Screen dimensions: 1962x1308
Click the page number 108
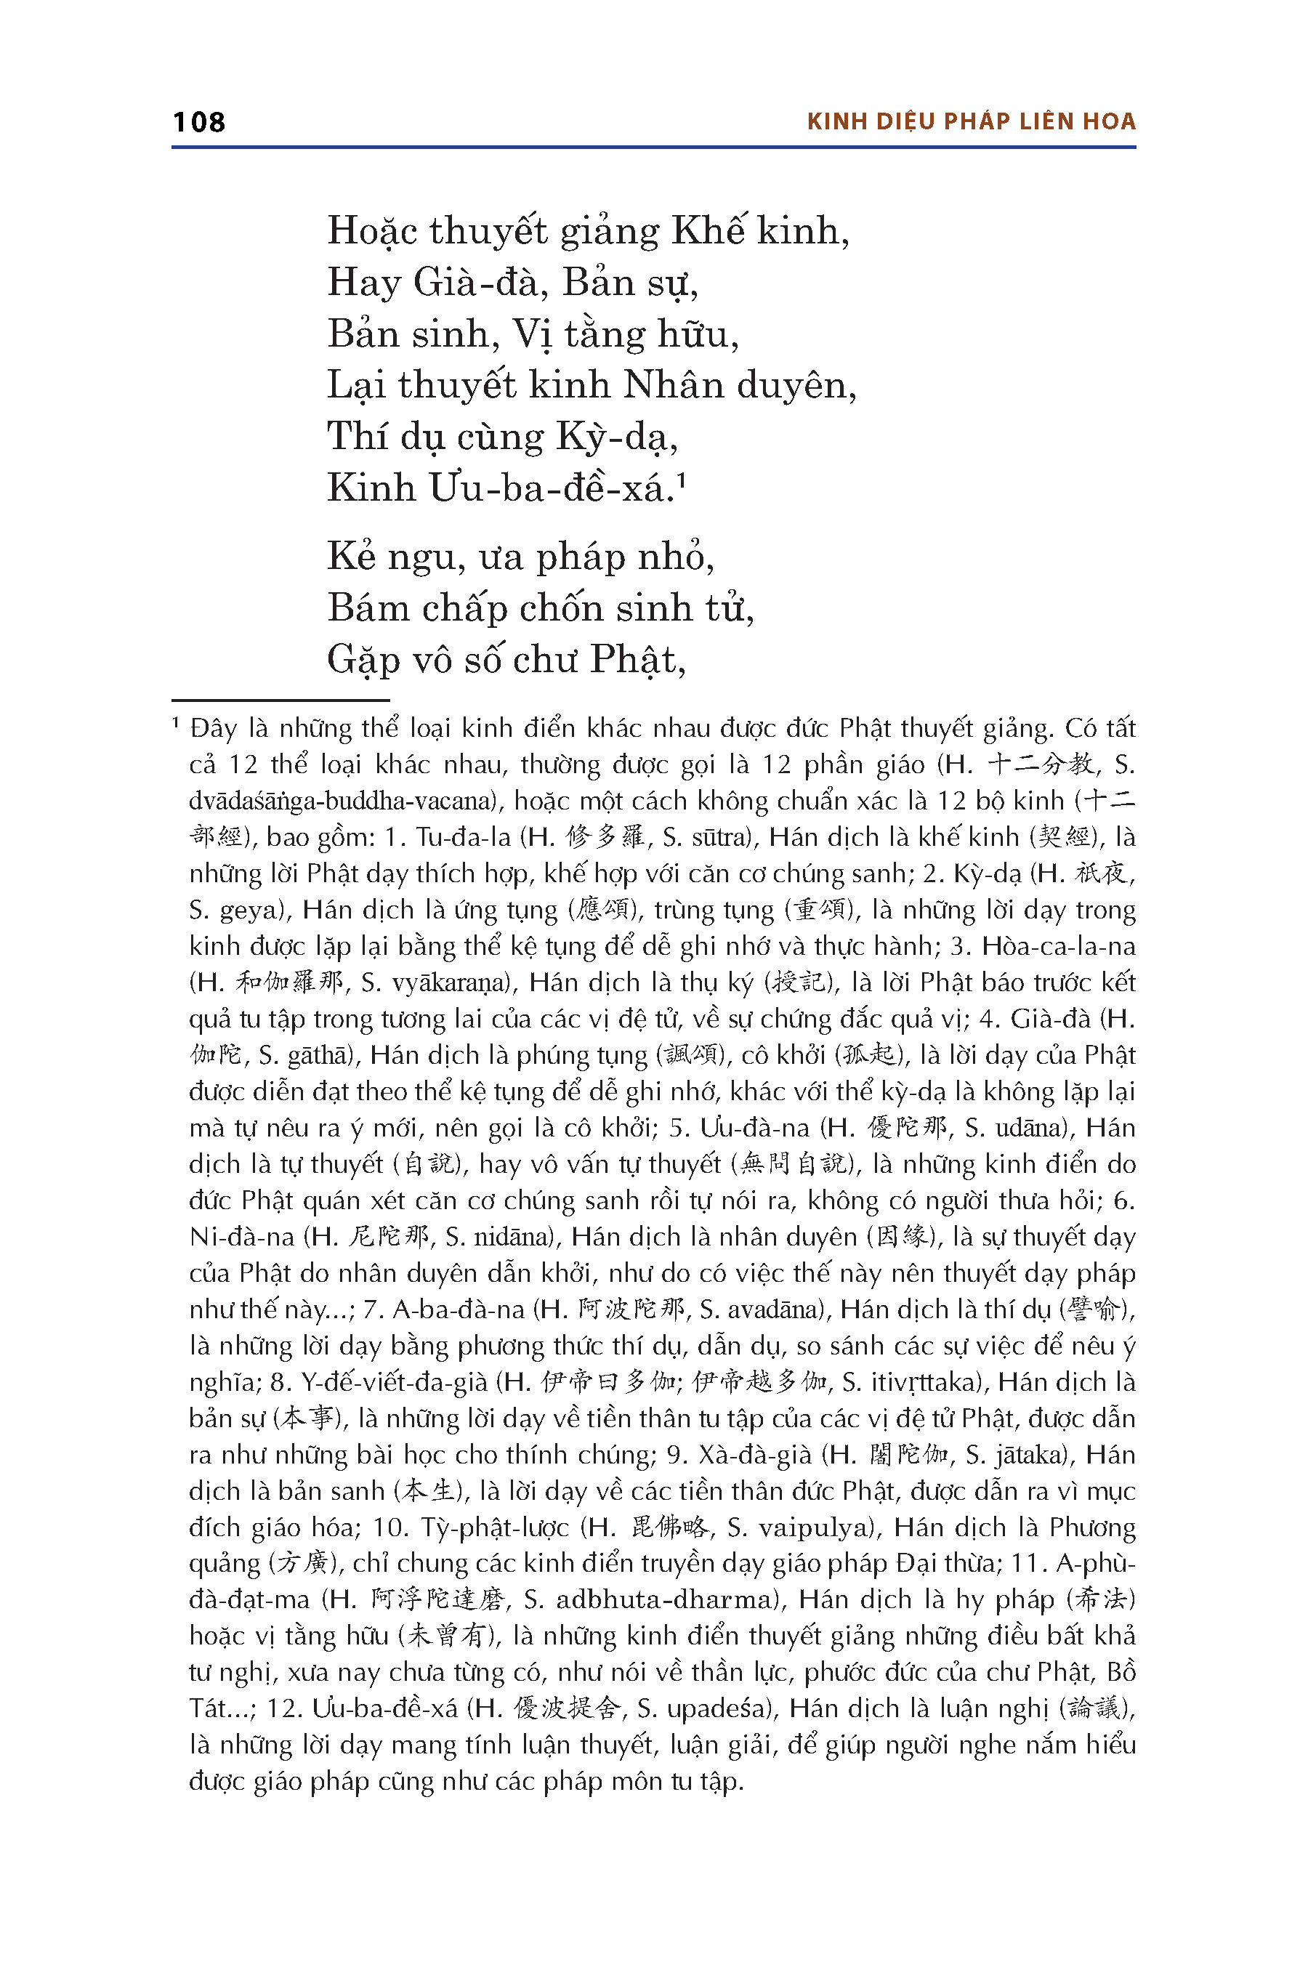point(198,122)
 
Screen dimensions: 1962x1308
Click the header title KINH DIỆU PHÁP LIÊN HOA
point(971,122)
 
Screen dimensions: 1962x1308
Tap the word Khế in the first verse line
point(708,231)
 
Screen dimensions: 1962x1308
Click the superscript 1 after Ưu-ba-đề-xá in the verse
point(682,480)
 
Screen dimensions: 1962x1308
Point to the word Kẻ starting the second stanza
point(351,557)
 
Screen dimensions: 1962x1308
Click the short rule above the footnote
point(280,700)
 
